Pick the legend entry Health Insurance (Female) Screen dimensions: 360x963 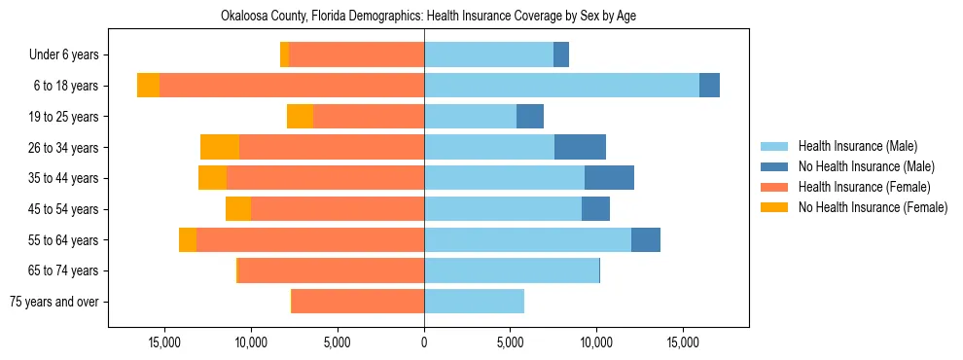click(x=857, y=187)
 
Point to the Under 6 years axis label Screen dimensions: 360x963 click(x=70, y=55)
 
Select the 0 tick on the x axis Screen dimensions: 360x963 click(x=424, y=342)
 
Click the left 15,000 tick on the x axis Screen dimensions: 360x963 click(x=165, y=342)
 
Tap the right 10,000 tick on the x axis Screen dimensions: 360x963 click(x=596, y=342)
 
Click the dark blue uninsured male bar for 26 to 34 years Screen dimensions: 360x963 click(x=580, y=147)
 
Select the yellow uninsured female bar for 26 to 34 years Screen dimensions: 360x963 click(x=220, y=147)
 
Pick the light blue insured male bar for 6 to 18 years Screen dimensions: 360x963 click(x=561, y=86)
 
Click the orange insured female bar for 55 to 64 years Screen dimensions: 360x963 click(x=310, y=239)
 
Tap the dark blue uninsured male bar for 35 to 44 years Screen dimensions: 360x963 click(x=609, y=178)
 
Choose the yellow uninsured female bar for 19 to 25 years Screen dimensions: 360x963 click(x=300, y=117)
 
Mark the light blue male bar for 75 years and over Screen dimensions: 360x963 click(x=474, y=302)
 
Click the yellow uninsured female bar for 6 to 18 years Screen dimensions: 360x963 click(x=148, y=86)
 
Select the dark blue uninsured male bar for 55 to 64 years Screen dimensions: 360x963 click(x=646, y=239)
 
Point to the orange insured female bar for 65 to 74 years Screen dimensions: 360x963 click(x=331, y=270)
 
